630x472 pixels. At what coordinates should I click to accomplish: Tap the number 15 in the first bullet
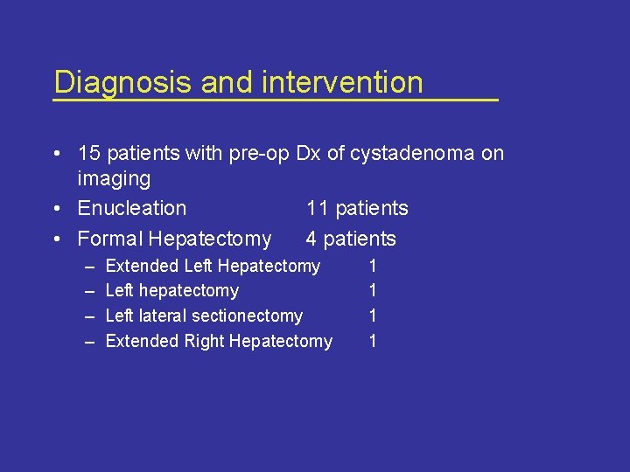point(89,154)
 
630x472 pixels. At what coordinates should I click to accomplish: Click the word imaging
point(114,179)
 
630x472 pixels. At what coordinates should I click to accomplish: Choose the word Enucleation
point(132,208)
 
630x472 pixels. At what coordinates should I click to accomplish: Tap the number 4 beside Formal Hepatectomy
point(311,239)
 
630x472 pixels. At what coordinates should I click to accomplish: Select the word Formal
point(110,239)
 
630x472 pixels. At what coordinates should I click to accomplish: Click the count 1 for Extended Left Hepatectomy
point(373,266)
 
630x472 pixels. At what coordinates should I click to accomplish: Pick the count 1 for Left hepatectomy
point(373,291)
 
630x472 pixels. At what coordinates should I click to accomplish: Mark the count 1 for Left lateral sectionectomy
point(373,316)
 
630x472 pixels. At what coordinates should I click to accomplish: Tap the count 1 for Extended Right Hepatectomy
point(373,341)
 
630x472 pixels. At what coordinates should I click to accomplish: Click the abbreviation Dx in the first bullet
point(308,154)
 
